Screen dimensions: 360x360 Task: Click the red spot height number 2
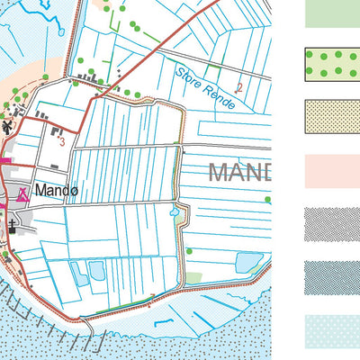coord(239,87)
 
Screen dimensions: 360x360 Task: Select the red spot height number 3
coord(61,140)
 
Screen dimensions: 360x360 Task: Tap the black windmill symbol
coord(8,127)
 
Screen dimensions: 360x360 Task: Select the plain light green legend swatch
coord(332,12)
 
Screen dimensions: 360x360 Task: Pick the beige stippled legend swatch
coord(332,116)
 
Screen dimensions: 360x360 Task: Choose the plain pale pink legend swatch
coord(332,170)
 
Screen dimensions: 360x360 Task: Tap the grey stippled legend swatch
coord(332,223)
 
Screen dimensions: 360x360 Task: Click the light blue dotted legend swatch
coord(332,329)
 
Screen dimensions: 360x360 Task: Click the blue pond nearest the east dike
coord(248,262)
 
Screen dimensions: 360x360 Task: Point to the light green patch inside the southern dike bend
coord(194,278)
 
